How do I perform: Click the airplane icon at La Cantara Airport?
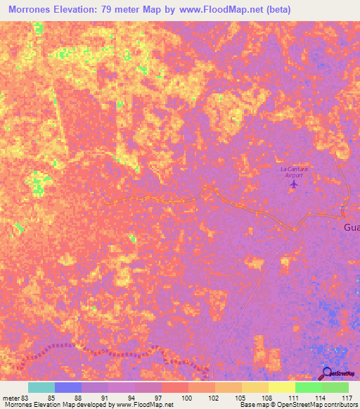click(x=294, y=184)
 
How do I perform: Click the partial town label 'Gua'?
click(x=352, y=228)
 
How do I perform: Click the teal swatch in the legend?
click(x=41, y=387)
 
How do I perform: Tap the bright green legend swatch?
click(x=309, y=387)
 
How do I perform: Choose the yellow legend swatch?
click(x=282, y=387)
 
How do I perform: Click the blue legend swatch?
click(x=68, y=387)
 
